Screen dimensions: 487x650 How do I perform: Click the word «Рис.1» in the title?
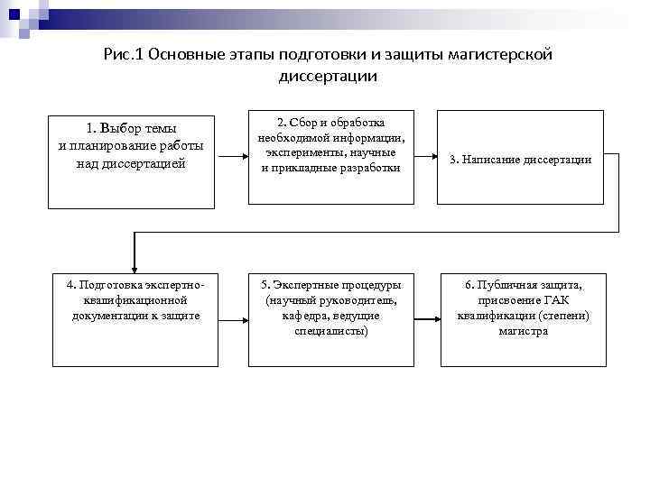[x=125, y=56]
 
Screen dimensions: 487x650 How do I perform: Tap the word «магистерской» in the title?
[x=500, y=56]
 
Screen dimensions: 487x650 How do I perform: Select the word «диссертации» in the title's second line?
[x=327, y=78]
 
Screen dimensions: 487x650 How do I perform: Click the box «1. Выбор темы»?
[x=131, y=161]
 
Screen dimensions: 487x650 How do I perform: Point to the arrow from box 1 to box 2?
[x=229, y=160]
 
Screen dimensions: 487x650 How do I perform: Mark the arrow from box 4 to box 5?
[x=233, y=318]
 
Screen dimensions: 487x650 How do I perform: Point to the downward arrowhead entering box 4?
[x=135, y=266]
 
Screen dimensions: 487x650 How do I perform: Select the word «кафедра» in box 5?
[x=304, y=317]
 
